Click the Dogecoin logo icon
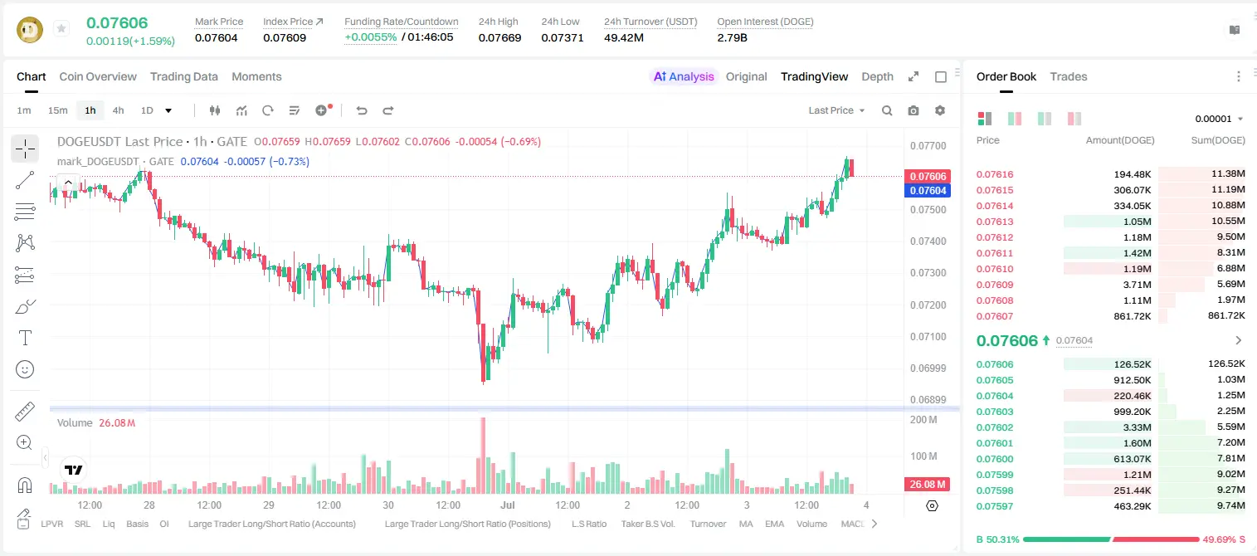[30, 30]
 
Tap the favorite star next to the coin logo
[61, 28]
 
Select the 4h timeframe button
[118, 110]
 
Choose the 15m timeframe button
[58, 110]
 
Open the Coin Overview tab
[98, 77]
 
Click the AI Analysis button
[684, 77]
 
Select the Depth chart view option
[877, 77]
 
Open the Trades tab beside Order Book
[1069, 77]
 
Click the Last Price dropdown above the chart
[836, 110]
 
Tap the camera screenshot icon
[914, 110]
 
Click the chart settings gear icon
[940, 110]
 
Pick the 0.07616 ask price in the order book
[995, 174]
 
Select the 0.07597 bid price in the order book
[995, 506]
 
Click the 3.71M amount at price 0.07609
[1137, 285]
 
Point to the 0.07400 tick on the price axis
[928, 241]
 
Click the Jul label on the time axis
[507, 505]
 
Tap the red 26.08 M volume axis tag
[927, 484]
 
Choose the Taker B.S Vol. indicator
[647, 524]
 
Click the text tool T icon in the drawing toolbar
[25, 338]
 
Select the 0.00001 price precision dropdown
[1219, 119]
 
